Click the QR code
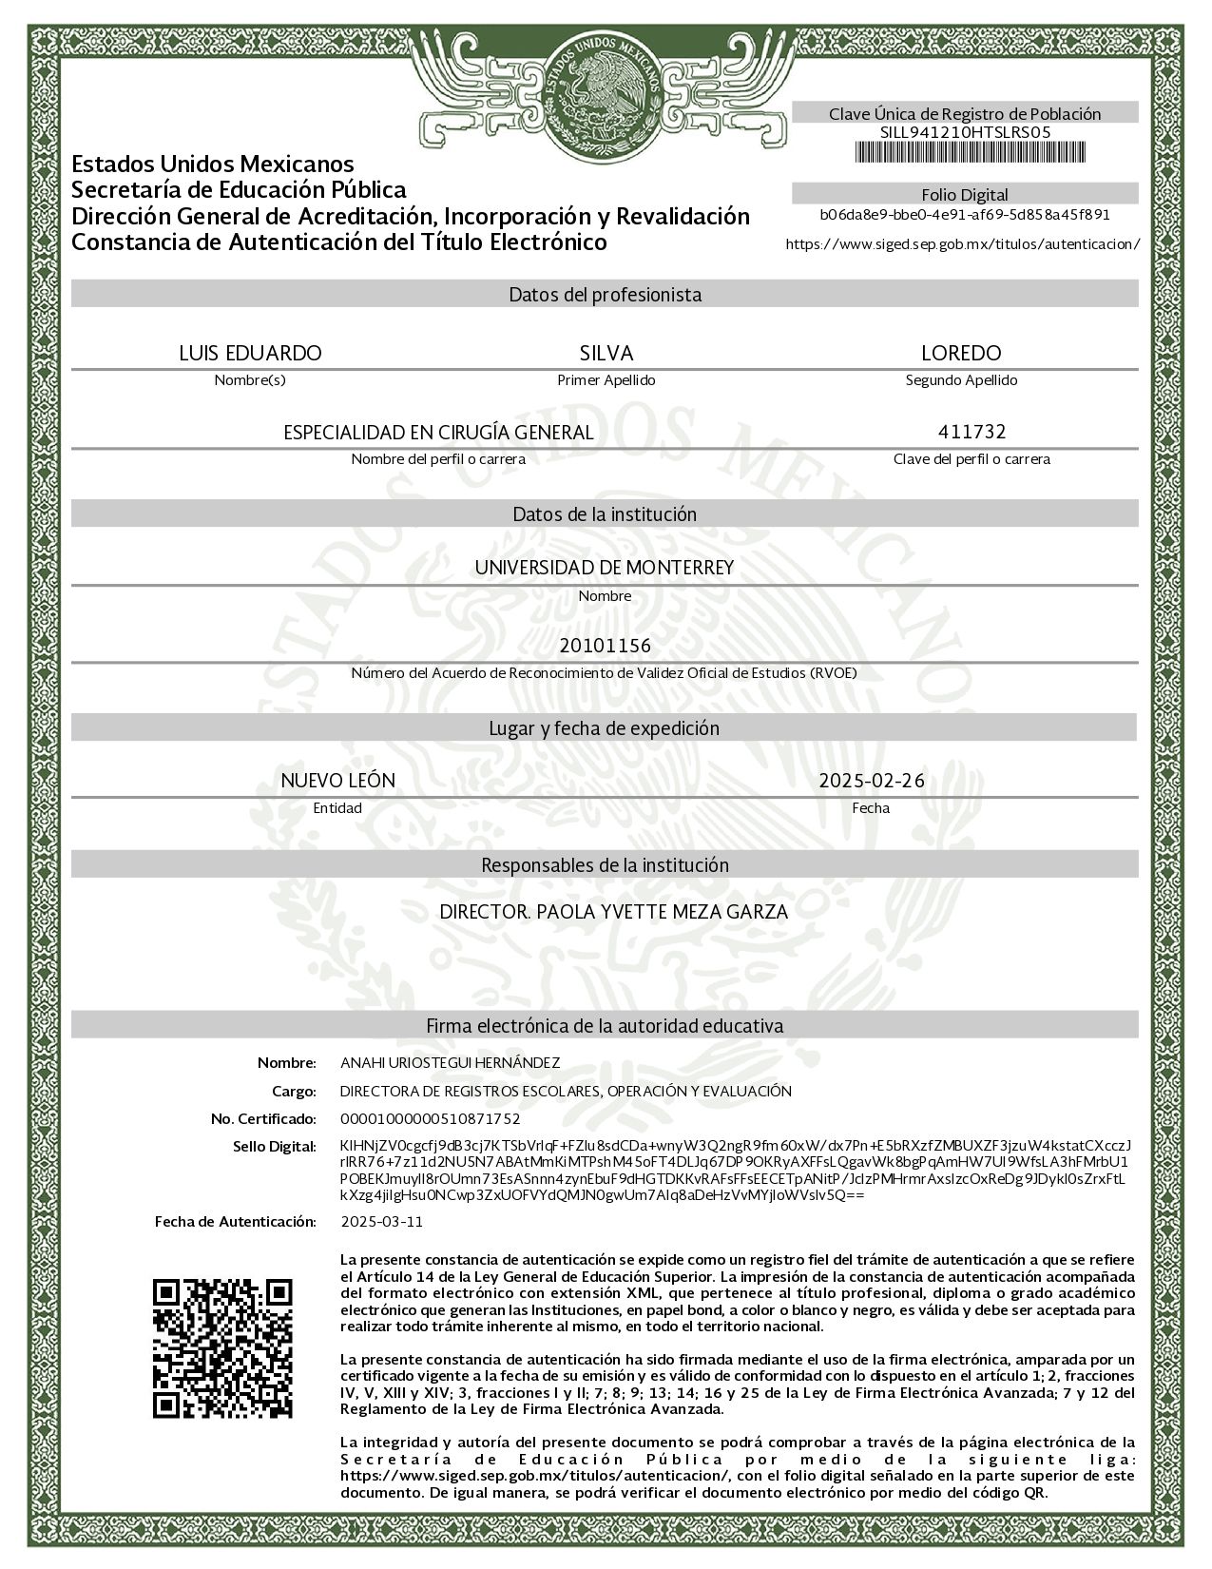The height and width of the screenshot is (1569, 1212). click(223, 1349)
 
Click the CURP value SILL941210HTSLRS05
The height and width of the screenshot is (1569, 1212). click(964, 132)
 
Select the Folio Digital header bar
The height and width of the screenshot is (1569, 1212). click(964, 195)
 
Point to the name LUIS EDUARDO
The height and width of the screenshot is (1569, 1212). click(250, 353)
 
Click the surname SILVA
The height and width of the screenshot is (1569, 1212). click(606, 353)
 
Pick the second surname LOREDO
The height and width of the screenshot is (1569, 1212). click(961, 353)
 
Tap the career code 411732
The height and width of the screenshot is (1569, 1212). click(972, 432)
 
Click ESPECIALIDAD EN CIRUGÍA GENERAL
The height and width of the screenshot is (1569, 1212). click(438, 433)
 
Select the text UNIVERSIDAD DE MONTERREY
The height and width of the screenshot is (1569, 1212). click(605, 568)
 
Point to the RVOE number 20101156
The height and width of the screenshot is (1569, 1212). click(605, 647)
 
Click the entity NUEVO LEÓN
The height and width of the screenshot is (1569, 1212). click(337, 781)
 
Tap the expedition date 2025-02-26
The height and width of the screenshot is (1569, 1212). click(871, 781)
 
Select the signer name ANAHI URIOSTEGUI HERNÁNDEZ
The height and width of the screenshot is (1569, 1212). click(450, 1062)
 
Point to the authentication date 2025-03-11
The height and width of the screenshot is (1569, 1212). click(381, 1221)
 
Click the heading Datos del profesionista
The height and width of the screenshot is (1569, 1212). click(605, 295)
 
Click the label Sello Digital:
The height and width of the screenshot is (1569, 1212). click(274, 1147)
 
